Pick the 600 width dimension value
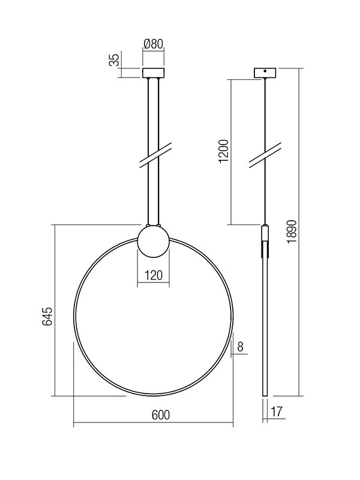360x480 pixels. pos(153,415)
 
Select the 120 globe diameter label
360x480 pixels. pos(153,276)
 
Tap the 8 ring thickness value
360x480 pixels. pos(240,346)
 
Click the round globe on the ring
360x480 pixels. pos(153,240)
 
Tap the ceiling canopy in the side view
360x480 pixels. pos(264,73)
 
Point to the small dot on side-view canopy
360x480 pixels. pos(264,71)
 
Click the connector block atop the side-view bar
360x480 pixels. pos(264,232)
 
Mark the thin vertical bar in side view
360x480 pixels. pos(264,324)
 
